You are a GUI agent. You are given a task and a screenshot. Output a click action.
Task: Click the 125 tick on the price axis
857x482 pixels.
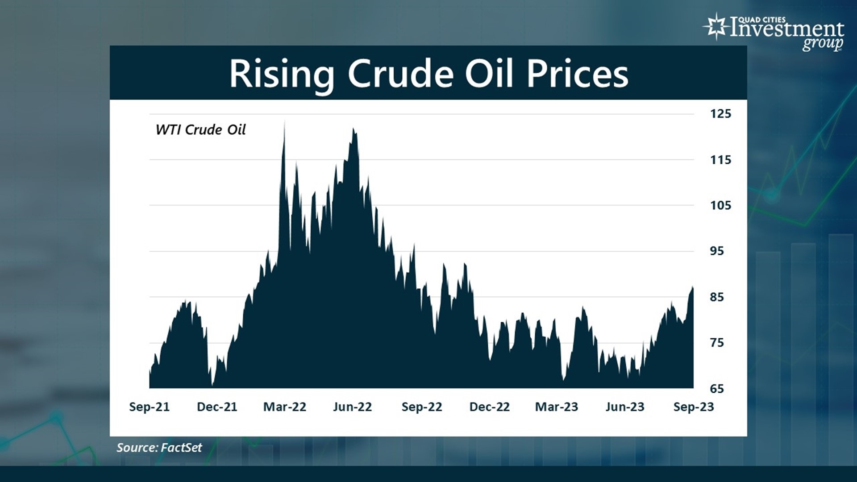point(720,114)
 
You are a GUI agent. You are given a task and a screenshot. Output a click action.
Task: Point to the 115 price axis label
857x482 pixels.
point(720,160)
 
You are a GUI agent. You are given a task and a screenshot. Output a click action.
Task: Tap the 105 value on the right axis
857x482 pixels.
point(720,205)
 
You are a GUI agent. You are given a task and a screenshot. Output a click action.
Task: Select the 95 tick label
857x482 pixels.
point(717,251)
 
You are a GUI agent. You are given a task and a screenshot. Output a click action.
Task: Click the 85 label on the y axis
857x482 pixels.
point(717,297)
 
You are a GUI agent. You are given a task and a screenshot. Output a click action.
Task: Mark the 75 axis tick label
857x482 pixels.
point(717,343)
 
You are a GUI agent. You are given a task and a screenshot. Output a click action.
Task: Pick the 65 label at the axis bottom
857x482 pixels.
point(717,389)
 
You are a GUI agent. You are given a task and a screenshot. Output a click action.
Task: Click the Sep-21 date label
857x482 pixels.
point(149,407)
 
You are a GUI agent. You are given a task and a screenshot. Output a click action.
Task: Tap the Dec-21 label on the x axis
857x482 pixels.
point(217,407)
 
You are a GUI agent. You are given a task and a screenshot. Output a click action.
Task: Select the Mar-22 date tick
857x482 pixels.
point(285,407)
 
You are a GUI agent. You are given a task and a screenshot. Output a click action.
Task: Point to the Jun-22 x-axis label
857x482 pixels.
point(352,407)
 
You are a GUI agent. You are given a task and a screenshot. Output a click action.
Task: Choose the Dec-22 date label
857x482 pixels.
point(489,407)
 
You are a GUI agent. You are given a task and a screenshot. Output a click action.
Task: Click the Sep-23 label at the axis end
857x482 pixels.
point(694,407)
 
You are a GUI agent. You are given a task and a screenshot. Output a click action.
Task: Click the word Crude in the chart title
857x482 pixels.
point(400,74)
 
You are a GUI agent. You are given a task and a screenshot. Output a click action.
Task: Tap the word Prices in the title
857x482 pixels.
point(577,74)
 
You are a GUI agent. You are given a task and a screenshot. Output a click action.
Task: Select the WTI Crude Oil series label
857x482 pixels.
point(200,130)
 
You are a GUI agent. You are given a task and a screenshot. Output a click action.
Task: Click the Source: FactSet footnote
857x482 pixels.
point(159,448)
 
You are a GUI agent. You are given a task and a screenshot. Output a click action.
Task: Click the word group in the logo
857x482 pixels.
point(822,44)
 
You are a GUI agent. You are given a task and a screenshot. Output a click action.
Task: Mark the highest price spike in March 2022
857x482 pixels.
point(284,122)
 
